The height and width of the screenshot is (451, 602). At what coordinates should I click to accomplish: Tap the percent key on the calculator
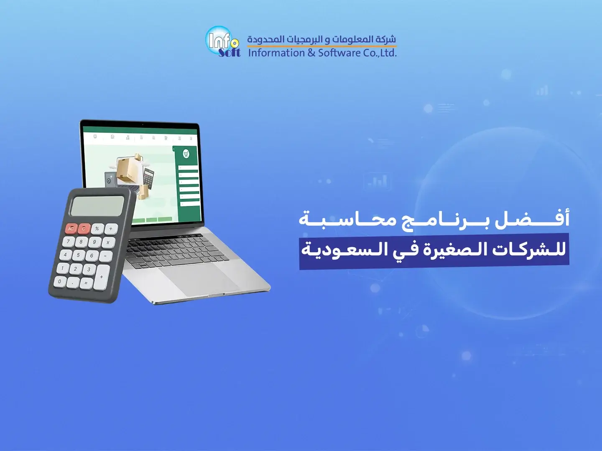pyautogui.click(x=97, y=229)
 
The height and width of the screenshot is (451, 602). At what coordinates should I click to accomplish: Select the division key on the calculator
pyautogui.click(x=111, y=229)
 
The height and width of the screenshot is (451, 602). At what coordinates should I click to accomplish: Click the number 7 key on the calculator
pyautogui.click(x=69, y=241)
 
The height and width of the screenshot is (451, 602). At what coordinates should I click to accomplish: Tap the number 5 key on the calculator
pyautogui.click(x=79, y=255)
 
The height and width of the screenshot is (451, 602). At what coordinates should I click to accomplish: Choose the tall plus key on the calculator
pyautogui.click(x=102, y=277)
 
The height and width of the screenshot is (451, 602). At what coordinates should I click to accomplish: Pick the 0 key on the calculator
pyautogui.click(x=60, y=281)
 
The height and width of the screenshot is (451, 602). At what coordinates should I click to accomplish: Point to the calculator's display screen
pyautogui.click(x=97, y=206)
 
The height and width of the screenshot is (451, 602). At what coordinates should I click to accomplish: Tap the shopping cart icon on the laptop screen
pyautogui.click(x=186, y=154)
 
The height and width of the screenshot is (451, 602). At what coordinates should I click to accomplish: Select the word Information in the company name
pyautogui.click(x=276, y=53)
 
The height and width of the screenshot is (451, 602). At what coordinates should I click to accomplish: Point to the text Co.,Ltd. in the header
pyautogui.click(x=380, y=53)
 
